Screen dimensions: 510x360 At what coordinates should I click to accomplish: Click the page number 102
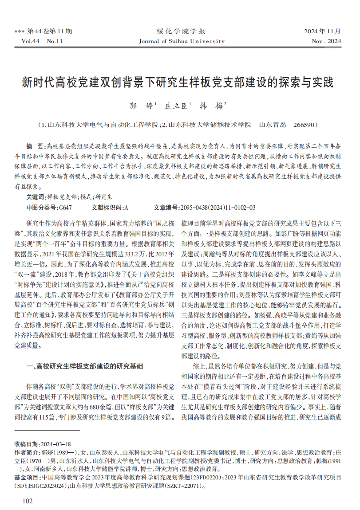[x=27, y=501]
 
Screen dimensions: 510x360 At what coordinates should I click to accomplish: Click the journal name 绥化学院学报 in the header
[x=181, y=31]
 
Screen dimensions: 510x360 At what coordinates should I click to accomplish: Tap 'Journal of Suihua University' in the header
[x=182, y=41]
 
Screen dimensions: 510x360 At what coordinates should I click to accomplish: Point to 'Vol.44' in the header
[x=31, y=41]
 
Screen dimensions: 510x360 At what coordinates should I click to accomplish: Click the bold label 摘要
[x=33, y=146]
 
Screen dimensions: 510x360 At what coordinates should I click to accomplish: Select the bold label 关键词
[x=35, y=197]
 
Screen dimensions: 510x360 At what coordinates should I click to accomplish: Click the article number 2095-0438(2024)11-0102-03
[x=217, y=207]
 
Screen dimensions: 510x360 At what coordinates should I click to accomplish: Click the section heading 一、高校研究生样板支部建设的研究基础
[x=85, y=366]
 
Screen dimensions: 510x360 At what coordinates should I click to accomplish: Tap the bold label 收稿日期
[x=26, y=444]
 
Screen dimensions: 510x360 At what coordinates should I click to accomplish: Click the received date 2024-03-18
[x=55, y=444]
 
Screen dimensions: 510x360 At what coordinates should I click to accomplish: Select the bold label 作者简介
[x=26, y=452]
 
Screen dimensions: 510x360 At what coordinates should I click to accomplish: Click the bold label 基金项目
[x=26, y=477]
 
